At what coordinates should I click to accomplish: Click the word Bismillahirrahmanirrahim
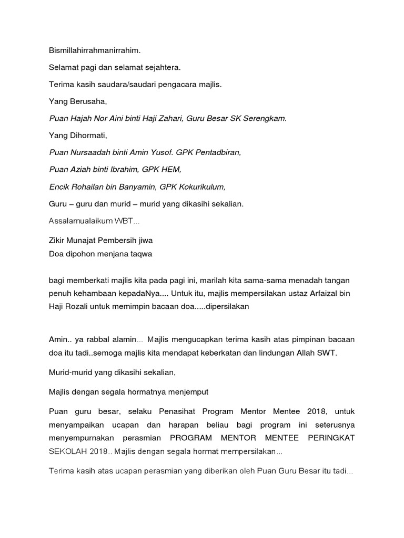[x=95, y=51]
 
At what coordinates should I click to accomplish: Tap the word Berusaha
[x=85, y=101]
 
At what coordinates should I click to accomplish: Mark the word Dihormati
[x=86, y=136]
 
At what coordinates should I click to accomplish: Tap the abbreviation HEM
[x=171, y=169]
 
